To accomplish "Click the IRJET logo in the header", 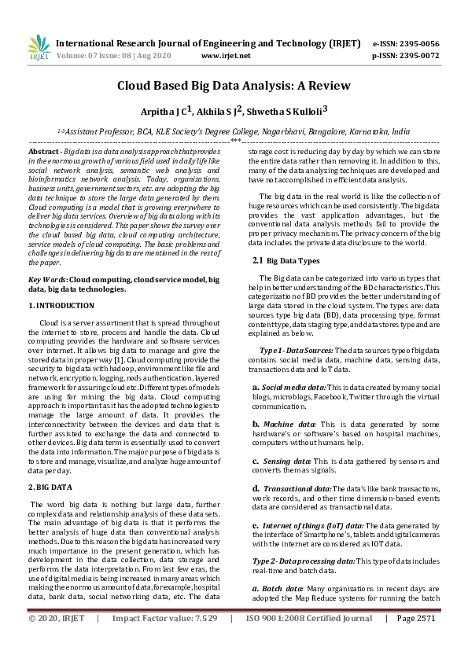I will tap(39, 49).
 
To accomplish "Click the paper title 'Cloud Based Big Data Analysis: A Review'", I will tap(234, 86).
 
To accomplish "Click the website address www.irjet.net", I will tap(226, 56).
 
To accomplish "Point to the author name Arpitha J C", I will tap(168, 112).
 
